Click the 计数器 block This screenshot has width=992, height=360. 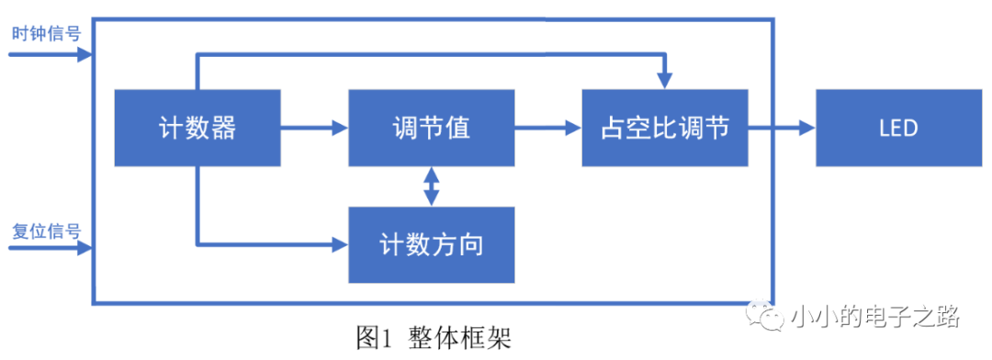click(x=197, y=127)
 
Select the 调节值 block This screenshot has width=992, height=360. click(x=431, y=127)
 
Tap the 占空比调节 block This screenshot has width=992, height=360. click(x=665, y=127)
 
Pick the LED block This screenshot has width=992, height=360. click(x=897, y=127)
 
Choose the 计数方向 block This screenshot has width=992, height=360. click(x=431, y=245)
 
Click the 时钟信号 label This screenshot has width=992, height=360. click(x=46, y=34)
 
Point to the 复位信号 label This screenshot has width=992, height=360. click(x=46, y=229)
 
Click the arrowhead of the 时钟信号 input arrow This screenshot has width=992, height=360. click(x=85, y=54)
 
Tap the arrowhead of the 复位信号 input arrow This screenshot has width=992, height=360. click(x=85, y=249)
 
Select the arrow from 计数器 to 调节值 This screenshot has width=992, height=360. click(x=314, y=128)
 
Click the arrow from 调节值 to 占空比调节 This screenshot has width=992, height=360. click(x=547, y=128)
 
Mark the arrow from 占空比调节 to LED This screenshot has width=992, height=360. click(x=782, y=128)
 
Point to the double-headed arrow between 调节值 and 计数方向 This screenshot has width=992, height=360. click(x=431, y=186)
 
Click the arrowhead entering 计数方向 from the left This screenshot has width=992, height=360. click(x=341, y=244)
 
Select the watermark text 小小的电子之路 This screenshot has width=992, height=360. click(x=874, y=318)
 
